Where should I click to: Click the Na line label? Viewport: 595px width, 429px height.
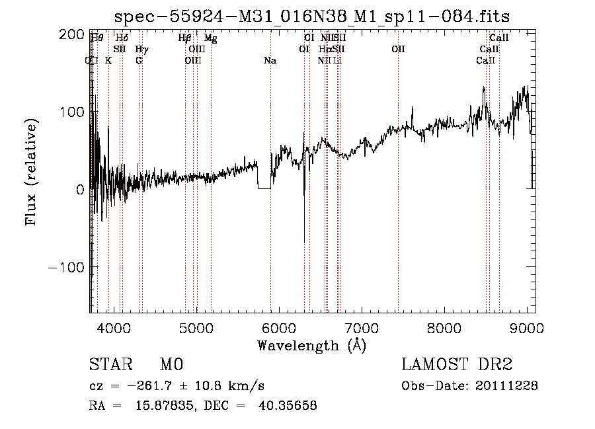270,61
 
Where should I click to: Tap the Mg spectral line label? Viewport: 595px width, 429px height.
210,38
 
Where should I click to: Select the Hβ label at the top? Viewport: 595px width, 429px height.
185,38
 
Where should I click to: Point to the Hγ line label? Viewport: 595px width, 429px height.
141,50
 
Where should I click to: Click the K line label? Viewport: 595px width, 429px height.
108,61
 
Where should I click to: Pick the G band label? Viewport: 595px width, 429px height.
139,61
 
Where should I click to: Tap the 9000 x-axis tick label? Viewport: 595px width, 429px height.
527,328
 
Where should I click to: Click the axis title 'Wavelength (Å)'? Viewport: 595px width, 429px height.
311,345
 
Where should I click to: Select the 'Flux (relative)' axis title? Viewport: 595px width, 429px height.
32,172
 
